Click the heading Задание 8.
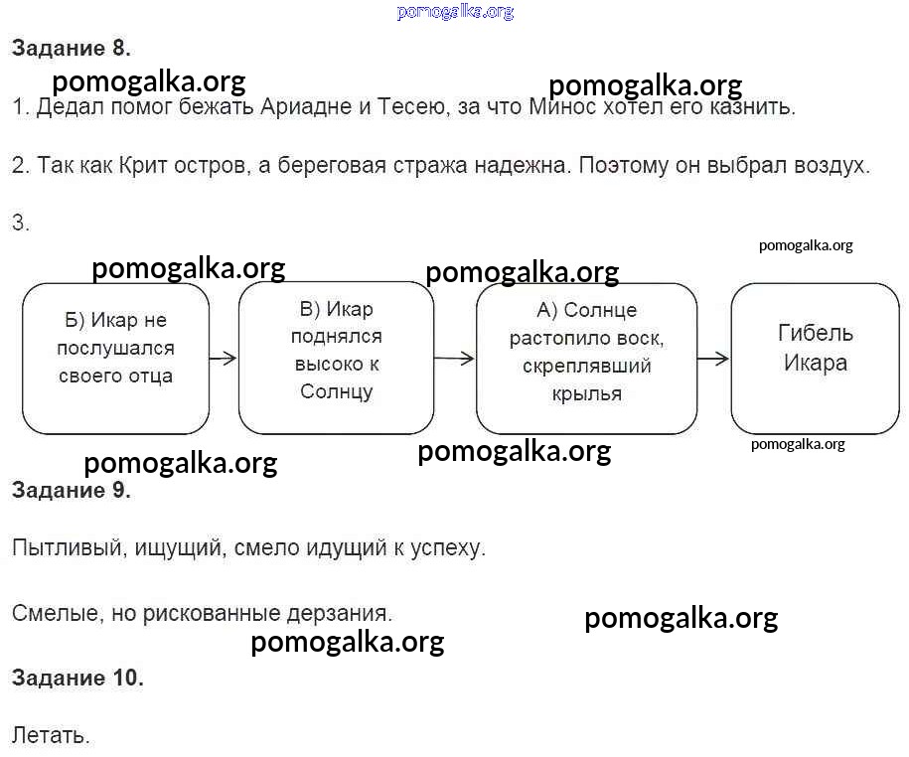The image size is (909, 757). click(72, 48)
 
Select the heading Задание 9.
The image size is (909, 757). click(72, 491)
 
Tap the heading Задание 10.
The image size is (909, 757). click(77, 678)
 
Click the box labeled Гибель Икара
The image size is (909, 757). click(815, 359)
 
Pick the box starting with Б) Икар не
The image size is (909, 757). click(116, 359)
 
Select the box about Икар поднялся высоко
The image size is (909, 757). click(336, 358)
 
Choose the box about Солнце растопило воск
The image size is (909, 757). click(587, 359)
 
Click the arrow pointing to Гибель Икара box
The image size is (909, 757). click(713, 359)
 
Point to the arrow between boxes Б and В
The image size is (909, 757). click(224, 359)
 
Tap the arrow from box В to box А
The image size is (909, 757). click(455, 359)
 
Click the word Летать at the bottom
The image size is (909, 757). click(51, 735)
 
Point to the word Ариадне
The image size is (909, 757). click(306, 106)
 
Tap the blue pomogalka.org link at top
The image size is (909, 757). click(455, 12)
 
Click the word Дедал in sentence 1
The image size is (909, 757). click(70, 106)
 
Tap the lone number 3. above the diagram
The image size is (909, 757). click(20, 223)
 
